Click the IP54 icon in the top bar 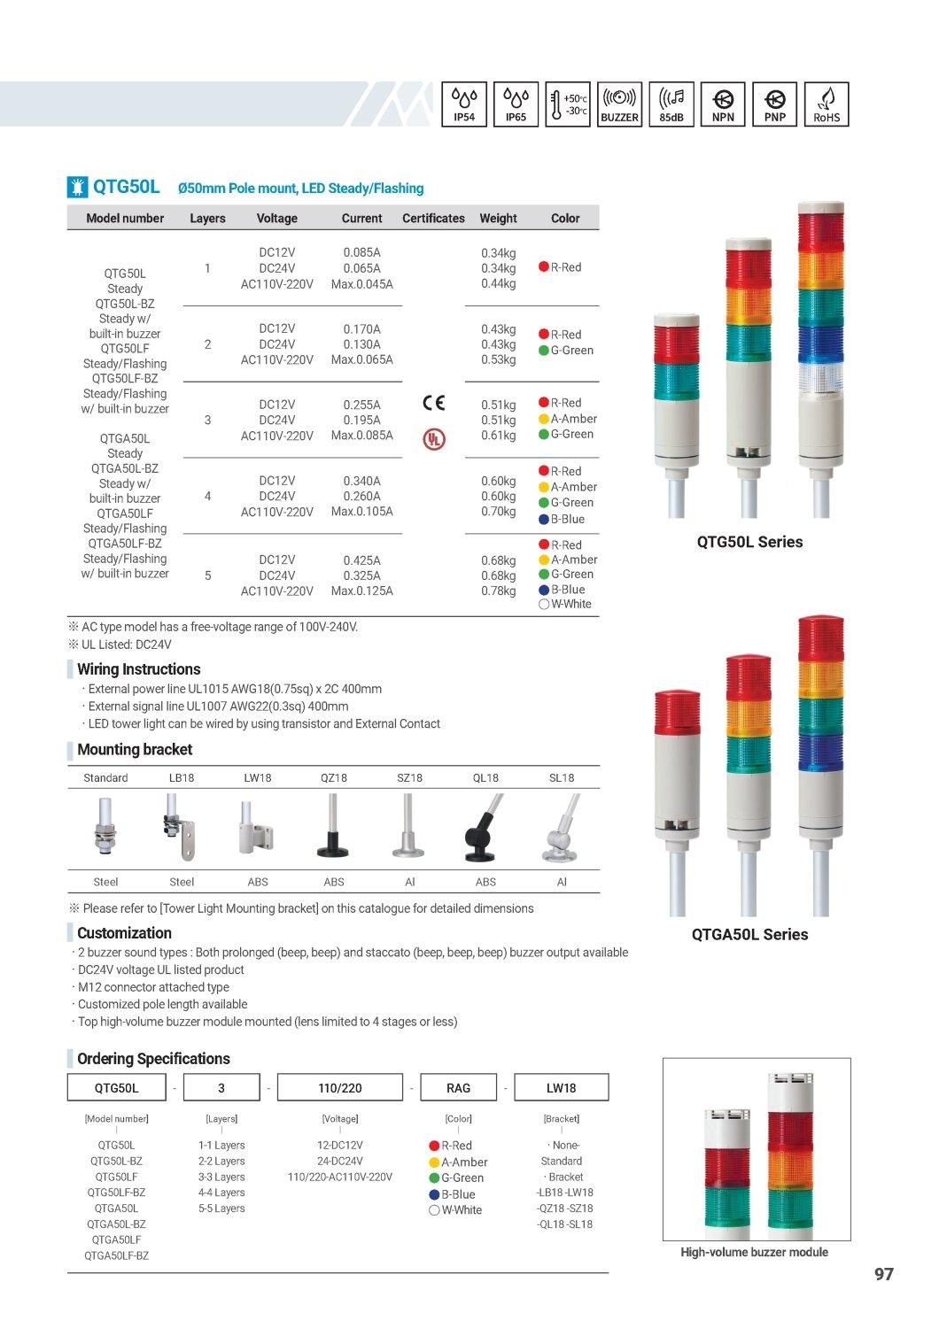coord(464,104)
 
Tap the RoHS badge coord(826,104)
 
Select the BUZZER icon coord(619,104)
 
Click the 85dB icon coord(671,104)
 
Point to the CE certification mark coord(434,403)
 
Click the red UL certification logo coord(434,438)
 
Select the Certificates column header coord(433,218)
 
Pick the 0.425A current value coord(361,560)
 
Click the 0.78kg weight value coord(498,591)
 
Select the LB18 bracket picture coord(182,828)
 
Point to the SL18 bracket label coord(562,777)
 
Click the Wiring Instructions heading coord(138,669)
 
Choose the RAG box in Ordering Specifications coord(458,1087)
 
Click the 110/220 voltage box coord(340,1087)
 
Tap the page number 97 coord(883,1274)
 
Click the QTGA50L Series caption coord(749,934)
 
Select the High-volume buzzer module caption coord(754,1252)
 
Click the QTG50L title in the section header coord(127,187)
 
